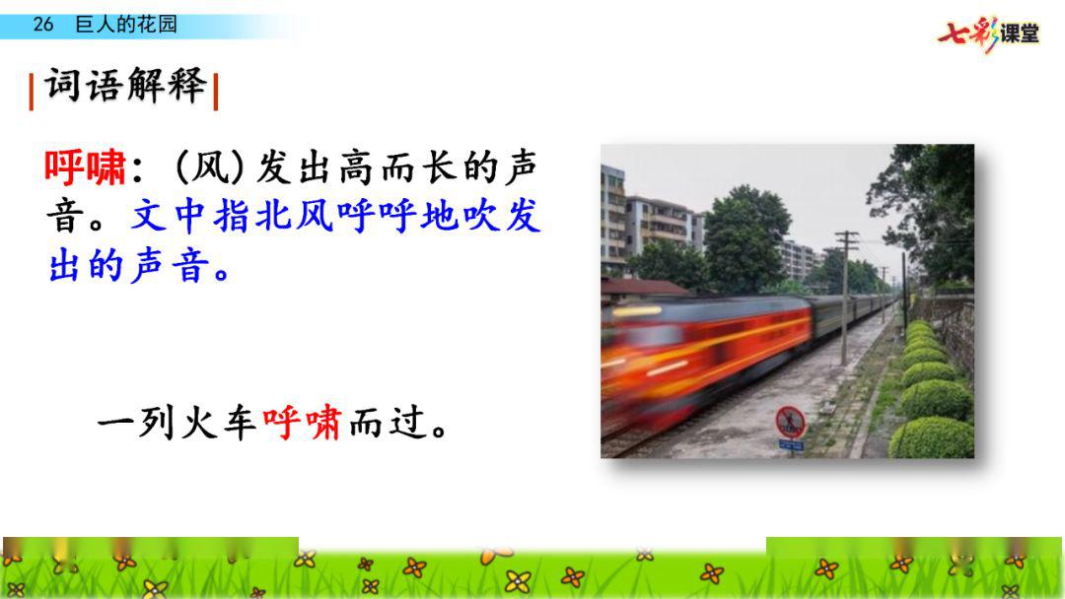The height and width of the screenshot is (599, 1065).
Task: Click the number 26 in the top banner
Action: point(42,25)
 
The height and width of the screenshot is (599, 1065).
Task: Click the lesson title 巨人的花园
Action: point(126,25)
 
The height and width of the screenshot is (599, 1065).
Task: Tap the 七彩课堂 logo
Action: point(988,33)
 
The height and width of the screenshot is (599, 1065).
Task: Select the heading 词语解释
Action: point(125,86)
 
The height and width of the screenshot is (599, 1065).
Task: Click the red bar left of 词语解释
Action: point(32,92)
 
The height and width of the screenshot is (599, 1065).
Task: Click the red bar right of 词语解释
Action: point(215,92)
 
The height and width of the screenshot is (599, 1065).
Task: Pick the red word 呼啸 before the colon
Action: point(86,167)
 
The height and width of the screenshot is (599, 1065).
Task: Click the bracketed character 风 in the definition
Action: point(210,167)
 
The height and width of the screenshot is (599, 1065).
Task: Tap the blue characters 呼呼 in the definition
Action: point(377,217)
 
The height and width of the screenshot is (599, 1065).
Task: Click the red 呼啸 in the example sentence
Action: point(302,423)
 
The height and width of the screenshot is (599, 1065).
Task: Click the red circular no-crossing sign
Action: point(791,422)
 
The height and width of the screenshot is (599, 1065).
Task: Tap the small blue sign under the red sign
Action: point(791,445)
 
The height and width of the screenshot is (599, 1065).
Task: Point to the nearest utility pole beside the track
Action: point(846,299)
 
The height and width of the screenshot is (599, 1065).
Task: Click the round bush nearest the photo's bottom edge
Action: point(931,437)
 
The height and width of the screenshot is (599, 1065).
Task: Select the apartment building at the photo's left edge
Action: point(613,217)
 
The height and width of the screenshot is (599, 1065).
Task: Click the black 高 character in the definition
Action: point(358,167)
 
